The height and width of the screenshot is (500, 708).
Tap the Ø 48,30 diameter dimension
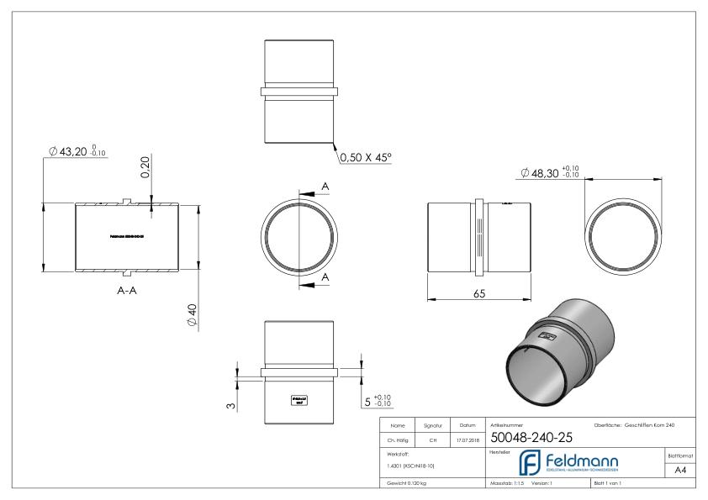pyautogui.click(x=552, y=173)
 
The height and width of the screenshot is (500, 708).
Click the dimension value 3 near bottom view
pyautogui.click(x=232, y=408)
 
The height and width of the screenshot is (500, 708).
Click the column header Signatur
pyautogui.click(x=435, y=426)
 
